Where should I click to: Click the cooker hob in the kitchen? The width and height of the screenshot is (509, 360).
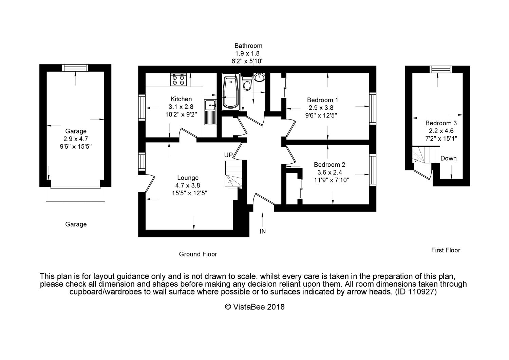coord(178,79)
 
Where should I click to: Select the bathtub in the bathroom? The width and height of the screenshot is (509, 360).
coord(231,92)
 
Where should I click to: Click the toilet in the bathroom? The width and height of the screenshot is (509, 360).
coord(247,84)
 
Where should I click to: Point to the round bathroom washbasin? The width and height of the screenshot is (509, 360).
coord(260,77)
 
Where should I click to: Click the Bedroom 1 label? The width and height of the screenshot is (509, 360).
coord(322,100)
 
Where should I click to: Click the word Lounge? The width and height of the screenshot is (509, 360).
coord(188,178)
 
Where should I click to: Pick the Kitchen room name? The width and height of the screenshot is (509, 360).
coord(181,99)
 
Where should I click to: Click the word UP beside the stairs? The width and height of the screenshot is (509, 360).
coord(228,155)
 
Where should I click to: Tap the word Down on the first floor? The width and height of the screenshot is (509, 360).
coord(448,158)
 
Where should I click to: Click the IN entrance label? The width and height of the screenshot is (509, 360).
coord(263,231)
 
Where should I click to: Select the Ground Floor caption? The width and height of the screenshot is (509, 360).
coord(198,254)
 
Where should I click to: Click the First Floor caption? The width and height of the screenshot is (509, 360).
coord(446,250)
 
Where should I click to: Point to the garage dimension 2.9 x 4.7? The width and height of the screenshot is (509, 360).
coord(76,139)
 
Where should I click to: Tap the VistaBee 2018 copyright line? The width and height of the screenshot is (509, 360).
coord(255,307)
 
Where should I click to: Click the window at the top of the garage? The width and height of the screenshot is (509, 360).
coord(76,68)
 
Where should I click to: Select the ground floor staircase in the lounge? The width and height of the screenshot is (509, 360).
coord(233,174)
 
